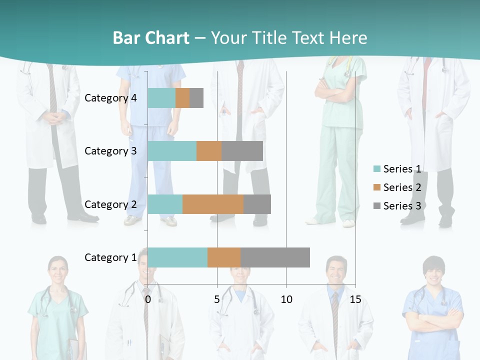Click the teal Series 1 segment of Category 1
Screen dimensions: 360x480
click(x=177, y=257)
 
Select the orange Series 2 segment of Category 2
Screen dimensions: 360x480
click(x=213, y=204)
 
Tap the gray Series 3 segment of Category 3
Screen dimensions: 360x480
click(x=242, y=151)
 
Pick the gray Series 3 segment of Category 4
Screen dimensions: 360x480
click(x=196, y=98)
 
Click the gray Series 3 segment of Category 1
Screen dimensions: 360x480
click(x=275, y=257)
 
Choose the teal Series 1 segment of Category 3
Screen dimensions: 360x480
click(x=172, y=151)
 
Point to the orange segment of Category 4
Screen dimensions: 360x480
click(x=182, y=98)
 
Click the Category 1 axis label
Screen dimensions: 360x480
click(x=110, y=257)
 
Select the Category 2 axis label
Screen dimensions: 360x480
click(x=110, y=204)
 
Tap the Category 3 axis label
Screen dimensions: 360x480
click(x=110, y=151)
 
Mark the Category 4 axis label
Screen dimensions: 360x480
click(x=110, y=98)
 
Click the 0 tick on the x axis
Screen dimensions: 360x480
click(x=148, y=299)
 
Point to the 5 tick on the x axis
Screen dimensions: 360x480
click(x=217, y=299)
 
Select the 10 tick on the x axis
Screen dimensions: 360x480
click(x=286, y=299)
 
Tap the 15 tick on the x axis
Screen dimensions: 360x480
click(x=355, y=299)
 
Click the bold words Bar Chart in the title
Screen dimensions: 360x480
click(x=151, y=38)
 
